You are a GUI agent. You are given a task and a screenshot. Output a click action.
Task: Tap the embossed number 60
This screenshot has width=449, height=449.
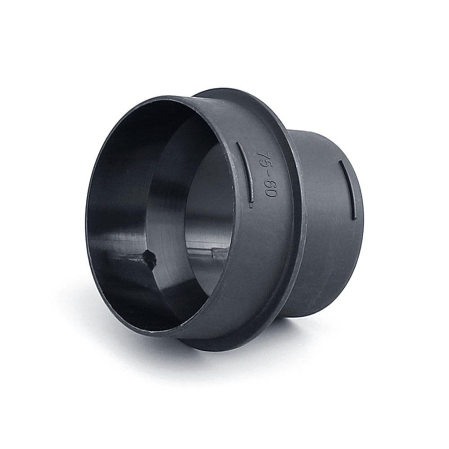269,189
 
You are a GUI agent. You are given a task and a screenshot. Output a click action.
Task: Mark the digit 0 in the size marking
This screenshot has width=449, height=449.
270,193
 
